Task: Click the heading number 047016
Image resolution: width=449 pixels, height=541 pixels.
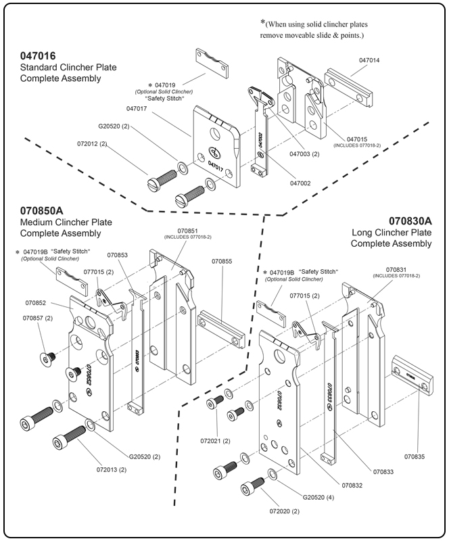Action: pyautogui.click(x=38, y=56)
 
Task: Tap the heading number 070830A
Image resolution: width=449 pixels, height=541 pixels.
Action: pyautogui.click(x=410, y=221)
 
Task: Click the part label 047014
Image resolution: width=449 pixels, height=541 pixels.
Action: pyautogui.click(x=369, y=60)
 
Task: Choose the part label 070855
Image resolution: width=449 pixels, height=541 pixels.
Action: pyautogui.click(x=222, y=260)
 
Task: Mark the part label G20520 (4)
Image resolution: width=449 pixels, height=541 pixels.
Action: pyautogui.click(x=319, y=497)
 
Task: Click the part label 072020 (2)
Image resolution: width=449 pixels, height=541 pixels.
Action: pyautogui.click(x=284, y=521)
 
